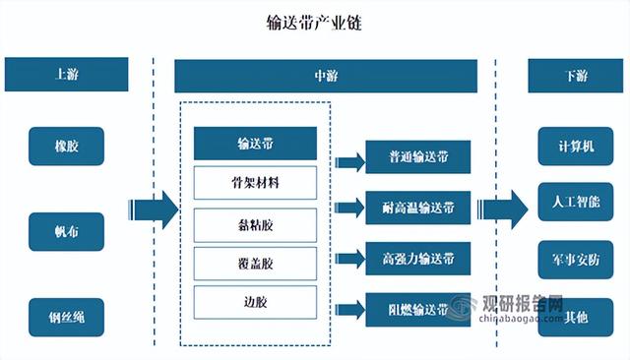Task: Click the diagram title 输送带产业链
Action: click(x=314, y=23)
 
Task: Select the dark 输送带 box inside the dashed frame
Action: click(x=256, y=145)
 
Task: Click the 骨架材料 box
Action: click(x=256, y=183)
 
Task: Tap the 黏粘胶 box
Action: click(x=256, y=224)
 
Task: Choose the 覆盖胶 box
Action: click(x=256, y=263)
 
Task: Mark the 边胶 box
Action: click(x=256, y=302)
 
